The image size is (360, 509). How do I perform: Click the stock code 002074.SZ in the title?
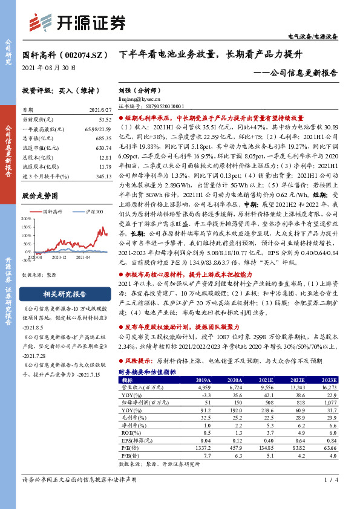[x=79, y=54]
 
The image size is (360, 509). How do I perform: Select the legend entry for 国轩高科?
[x=53, y=212]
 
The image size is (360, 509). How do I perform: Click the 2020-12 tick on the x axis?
[x=59, y=257]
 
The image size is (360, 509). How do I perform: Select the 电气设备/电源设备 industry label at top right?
[x=313, y=37]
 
